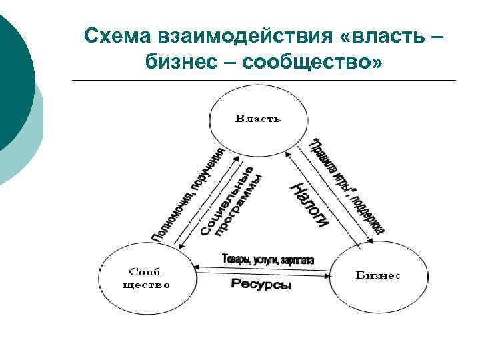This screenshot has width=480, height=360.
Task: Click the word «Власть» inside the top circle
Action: click(257, 119)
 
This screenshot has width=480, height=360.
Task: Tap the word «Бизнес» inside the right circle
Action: click(377, 275)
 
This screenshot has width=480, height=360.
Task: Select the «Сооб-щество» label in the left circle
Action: click(148, 278)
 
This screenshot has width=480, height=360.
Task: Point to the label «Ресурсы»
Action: click(261, 284)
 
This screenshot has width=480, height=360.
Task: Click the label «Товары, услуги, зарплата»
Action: click(267, 259)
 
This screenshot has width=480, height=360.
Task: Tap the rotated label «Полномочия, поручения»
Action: click(188, 193)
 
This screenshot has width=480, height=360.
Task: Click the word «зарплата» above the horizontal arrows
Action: click(297, 259)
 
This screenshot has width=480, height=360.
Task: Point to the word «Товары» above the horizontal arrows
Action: click(238, 259)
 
